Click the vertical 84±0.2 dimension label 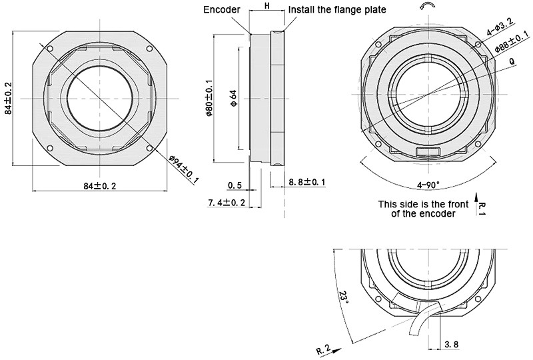(8, 98)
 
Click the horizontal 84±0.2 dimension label (100, 186)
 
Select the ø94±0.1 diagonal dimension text (183, 166)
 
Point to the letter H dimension (266, 6)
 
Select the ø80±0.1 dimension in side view (209, 99)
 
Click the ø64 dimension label (233, 98)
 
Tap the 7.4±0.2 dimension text (227, 202)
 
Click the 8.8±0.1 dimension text (307, 181)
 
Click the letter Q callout (511, 61)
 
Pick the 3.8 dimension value (451, 345)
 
